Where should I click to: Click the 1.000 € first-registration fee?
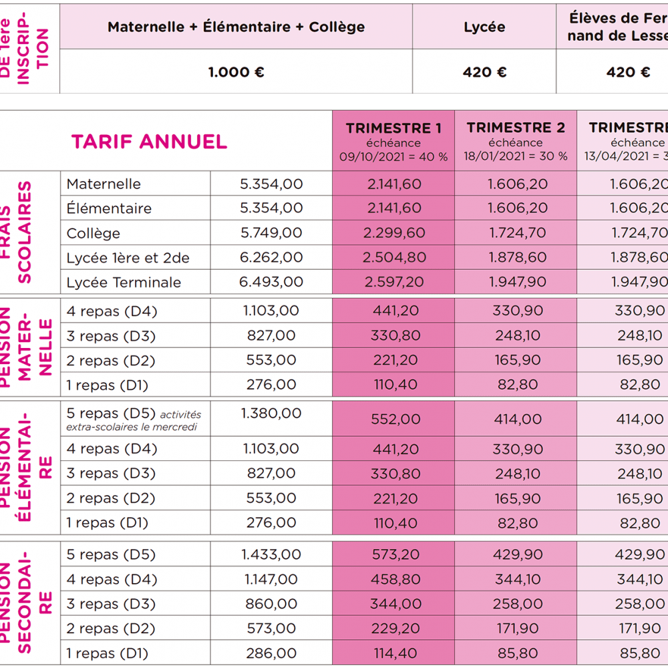236,72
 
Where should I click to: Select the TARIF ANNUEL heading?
149,142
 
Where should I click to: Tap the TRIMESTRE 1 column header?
393,128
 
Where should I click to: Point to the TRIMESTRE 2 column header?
516,128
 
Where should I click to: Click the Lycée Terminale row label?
124,283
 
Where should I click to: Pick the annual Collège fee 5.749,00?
271,233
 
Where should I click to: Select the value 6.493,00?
271,283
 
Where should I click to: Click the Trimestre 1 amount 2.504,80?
393,258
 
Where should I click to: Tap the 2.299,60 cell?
393,233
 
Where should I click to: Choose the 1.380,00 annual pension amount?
271,413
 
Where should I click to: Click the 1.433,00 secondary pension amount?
271,554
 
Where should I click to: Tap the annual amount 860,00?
271,604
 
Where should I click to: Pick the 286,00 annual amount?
271,653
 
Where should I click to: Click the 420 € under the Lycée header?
484,72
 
